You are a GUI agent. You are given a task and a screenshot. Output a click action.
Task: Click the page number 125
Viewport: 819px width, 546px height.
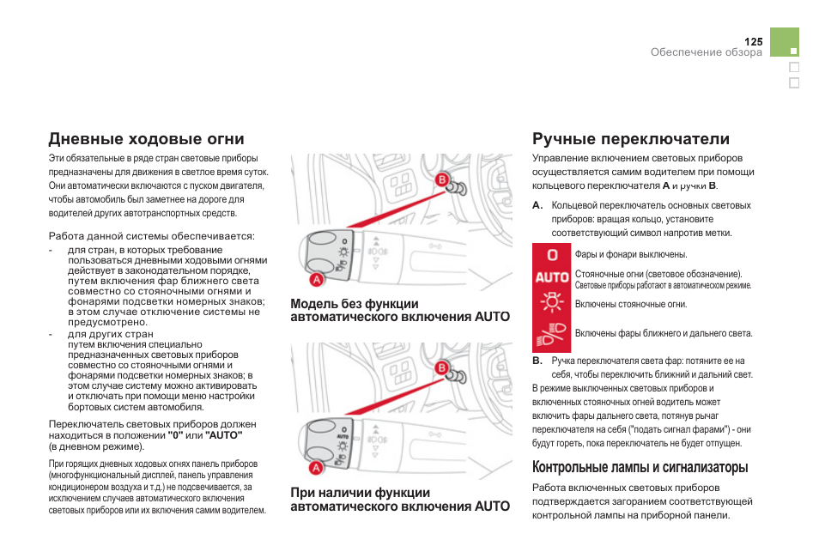tap(753, 41)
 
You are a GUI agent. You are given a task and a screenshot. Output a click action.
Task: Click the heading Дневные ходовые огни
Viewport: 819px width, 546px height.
tap(147, 139)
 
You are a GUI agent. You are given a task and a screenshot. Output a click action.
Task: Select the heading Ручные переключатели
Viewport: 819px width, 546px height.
tap(631, 139)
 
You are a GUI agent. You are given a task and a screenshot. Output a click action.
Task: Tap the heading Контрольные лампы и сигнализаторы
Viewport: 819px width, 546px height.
tap(640, 467)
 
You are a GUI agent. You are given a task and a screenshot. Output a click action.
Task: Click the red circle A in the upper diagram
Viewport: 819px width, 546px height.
tap(316, 279)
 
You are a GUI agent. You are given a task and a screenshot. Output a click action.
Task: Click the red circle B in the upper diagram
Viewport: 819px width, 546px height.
tap(442, 179)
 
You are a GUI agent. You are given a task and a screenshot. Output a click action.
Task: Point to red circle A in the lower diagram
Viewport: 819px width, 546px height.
tap(316, 468)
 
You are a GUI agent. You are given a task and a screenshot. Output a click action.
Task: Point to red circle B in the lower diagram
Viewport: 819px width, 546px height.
tap(442, 368)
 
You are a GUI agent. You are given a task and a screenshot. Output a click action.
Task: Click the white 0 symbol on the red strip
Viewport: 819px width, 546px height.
tap(552, 255)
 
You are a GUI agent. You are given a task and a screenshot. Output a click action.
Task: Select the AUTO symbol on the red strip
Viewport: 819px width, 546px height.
tap(552, 277)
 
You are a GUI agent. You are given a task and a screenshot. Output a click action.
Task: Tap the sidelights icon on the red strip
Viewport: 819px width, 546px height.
tap(552, 303)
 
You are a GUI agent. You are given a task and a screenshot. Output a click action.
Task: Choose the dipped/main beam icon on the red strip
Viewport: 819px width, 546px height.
tap(552, 332)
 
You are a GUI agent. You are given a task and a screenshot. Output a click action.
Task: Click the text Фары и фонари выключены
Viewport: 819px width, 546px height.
tap(631, 255)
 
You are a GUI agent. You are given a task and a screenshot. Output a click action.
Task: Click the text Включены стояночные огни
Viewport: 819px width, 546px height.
tap(631, 304)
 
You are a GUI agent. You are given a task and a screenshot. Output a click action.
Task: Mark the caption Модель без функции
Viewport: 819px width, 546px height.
tap(355, 304)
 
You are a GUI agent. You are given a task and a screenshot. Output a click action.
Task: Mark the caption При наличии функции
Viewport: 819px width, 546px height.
tap(361, 493)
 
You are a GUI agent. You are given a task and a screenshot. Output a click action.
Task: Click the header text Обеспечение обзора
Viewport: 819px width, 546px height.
tap(706, 52)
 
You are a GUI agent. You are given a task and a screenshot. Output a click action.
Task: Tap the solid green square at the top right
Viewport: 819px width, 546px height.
tap(785, 42)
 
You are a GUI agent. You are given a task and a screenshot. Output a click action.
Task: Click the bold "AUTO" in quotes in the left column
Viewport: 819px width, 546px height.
tap(223, 435)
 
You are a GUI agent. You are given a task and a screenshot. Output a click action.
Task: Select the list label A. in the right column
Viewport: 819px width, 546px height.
tap(537, 206)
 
